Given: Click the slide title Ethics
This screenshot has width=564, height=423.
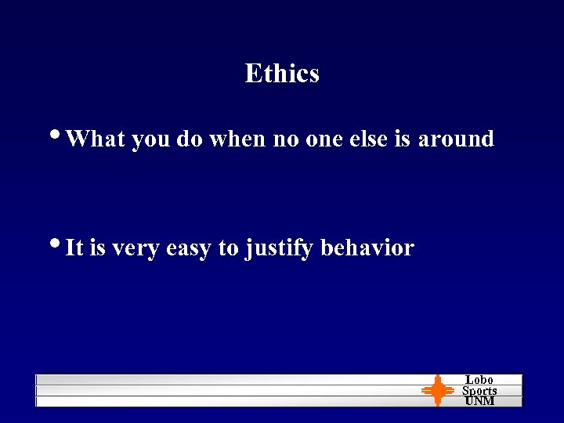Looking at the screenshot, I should [282, 74].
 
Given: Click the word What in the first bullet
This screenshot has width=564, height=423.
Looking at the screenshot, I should [96, 139].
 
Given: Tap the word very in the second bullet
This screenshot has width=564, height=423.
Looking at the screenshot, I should [134, 249].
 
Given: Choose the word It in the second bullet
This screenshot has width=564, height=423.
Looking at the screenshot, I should [74, 248].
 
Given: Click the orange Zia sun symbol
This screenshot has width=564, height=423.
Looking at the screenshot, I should [438, 391].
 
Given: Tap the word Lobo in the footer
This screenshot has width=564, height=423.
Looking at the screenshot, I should [479, 380].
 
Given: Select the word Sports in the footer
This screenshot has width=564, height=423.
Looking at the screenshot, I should [479, 390].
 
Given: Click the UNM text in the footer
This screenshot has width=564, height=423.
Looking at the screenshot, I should [479, 400].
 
